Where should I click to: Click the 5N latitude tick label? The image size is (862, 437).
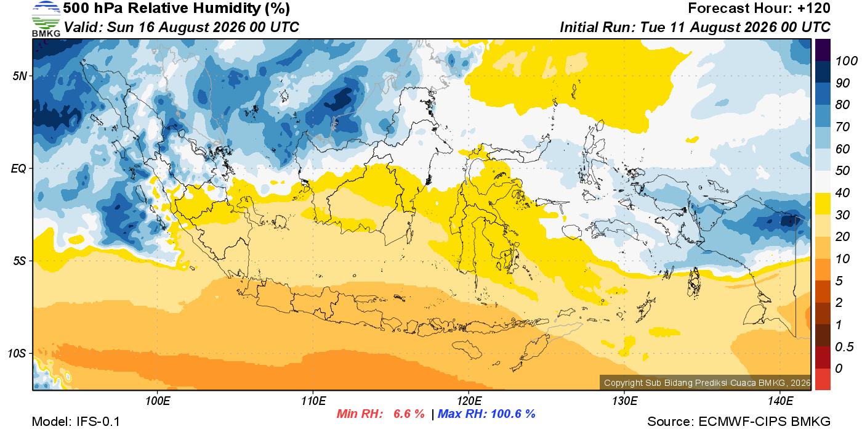(20, 76)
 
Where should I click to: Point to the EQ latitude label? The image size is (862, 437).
(18, 168)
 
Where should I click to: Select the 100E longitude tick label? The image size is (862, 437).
(158, 401)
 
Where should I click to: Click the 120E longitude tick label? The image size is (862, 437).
(469, 401)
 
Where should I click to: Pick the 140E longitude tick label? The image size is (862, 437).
(780, 401)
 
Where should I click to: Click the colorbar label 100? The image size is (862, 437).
(846, 61)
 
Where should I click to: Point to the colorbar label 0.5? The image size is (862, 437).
(844, 347)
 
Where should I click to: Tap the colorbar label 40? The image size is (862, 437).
(842, 193)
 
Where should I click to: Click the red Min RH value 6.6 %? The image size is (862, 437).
(409, 414)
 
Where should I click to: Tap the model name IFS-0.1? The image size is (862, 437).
(98, 422)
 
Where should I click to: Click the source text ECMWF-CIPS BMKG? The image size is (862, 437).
(764, 422)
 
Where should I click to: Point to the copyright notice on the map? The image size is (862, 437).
(707, 383)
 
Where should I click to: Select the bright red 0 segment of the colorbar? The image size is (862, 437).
(823, 379)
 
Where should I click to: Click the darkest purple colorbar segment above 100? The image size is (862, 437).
(823, 50)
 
